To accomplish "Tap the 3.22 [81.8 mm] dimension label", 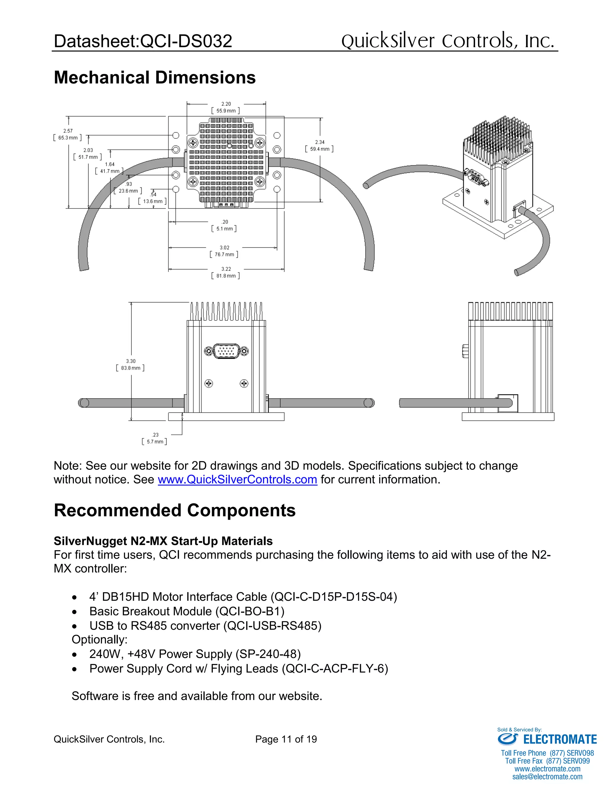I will click(x=226, y=272).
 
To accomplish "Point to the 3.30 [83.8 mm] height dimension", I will click(x=130, y=364).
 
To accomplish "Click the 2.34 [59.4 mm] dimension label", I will click(x=319, y=146).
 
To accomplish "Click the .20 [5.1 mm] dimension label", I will click(x=224, y=225).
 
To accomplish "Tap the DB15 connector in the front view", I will click(x=226, y=351).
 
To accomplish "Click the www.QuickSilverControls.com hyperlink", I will click(x=237, y=480).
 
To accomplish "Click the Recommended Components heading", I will click(x=174, y=510).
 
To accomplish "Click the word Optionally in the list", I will click(x=99, y=640).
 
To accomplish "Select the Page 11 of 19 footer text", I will click(x=286, y=739).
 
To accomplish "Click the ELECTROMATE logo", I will click(x=547, y=739).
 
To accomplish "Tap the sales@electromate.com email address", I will click(x=547, y=777).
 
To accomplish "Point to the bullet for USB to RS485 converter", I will click(x=74, y=626).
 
